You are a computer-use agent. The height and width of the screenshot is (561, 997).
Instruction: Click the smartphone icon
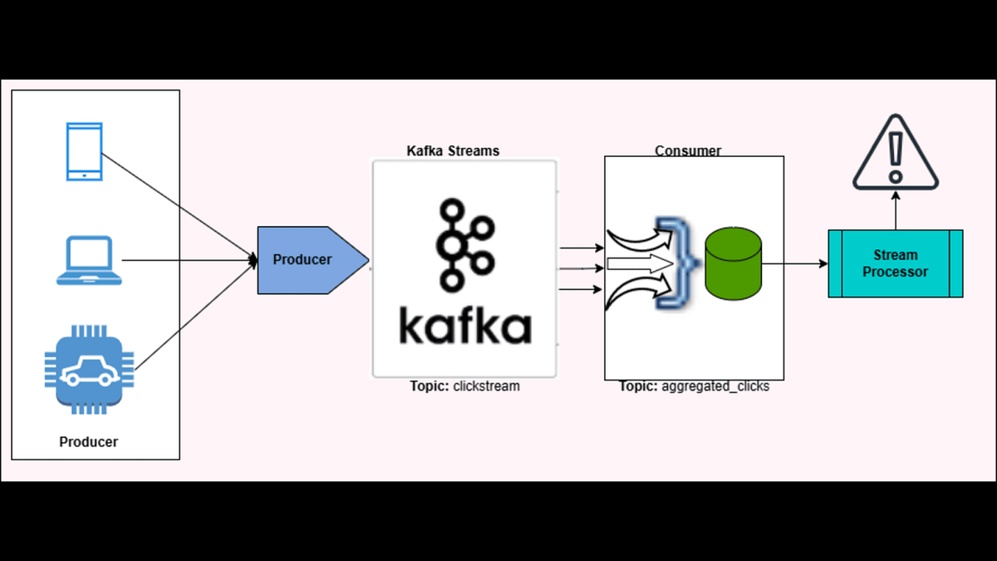click(84, 151)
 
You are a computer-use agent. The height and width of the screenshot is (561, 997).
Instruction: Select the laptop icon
click(89, 260)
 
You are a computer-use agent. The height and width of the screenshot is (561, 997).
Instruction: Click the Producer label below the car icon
click(89, 442)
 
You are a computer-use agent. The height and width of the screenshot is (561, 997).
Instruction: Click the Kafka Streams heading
click(453, 150)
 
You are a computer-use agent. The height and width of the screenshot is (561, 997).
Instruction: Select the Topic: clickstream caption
click(464, 386)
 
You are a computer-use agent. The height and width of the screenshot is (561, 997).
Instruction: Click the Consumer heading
click(688, 150)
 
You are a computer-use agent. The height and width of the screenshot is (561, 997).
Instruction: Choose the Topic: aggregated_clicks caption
click(694, 386)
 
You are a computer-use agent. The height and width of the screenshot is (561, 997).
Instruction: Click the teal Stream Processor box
click(895, 263)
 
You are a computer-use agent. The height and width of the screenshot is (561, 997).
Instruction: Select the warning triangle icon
click(895, 155)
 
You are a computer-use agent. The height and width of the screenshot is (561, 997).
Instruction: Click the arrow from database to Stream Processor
click(795, 264)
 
